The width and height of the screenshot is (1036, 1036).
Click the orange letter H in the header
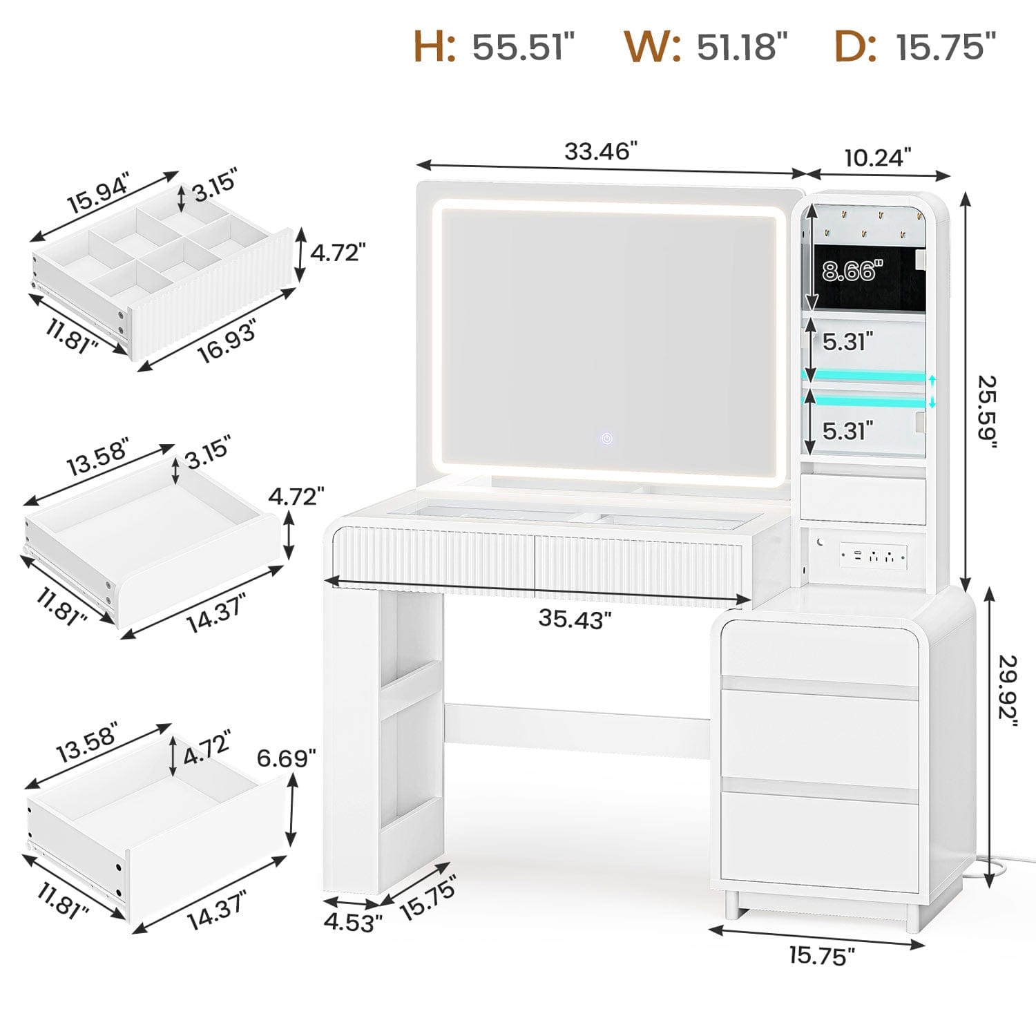434,46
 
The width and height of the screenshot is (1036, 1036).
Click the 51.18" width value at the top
742,47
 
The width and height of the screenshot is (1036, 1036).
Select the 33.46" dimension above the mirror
600,151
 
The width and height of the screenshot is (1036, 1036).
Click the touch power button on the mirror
606,438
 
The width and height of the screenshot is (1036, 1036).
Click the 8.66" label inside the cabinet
852,271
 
